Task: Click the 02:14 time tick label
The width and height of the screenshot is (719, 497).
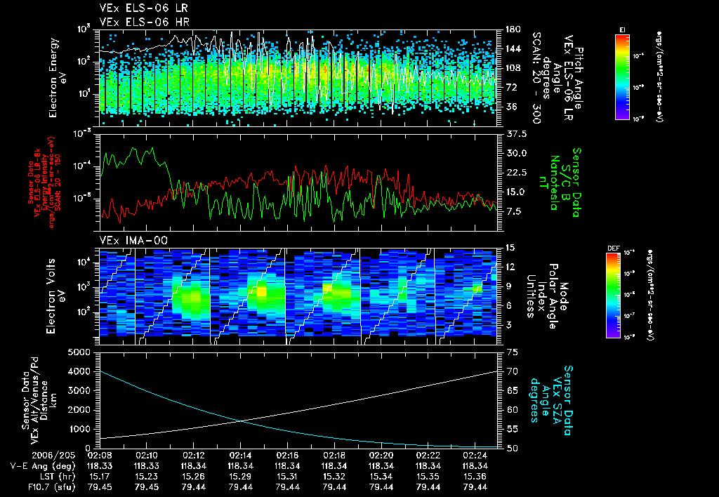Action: pyautogui.click(x=240, y=454)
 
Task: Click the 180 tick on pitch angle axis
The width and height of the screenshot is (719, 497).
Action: pyautogui.click(x=513, y=29)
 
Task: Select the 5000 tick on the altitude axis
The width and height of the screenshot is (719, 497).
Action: pyautogui.click(x=84, y=352)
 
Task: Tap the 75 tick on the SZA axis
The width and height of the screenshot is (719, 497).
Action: pyautogui.click(x=511, y=352)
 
